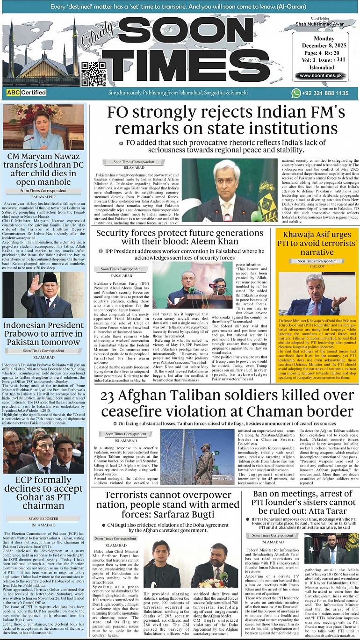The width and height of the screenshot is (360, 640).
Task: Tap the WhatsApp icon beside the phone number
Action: coord(295,93)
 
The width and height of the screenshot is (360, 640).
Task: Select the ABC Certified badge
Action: coord(26,93)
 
